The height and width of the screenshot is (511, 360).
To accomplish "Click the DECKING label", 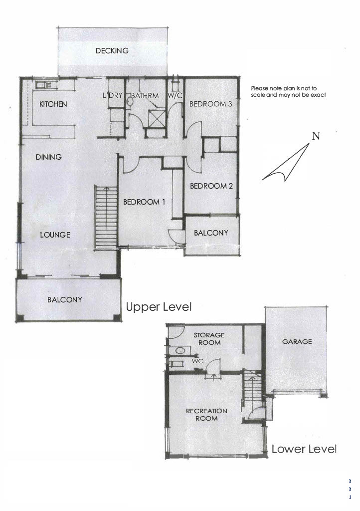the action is tap(112, 51).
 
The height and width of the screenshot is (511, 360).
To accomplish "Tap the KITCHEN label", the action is tap(53, 104).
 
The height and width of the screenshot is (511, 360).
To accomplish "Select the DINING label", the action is tap(48, 157).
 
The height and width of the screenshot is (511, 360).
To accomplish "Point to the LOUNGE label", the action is tap(55, 235).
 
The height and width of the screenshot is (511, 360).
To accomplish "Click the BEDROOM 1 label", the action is tap(144, 202).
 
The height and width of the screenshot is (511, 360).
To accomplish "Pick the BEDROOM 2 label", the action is tap(211, 186).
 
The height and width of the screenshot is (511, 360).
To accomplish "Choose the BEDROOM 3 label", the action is tap(210, 104).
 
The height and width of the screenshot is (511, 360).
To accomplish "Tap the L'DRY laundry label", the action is tap(113, 95).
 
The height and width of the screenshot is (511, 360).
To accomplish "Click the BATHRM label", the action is tap(145, 96).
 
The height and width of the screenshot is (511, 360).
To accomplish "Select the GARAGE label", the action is tap(297, 341).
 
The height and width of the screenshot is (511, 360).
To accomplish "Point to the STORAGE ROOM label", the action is tap(209, 339).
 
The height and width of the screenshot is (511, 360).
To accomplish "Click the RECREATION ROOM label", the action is tap(207, 415).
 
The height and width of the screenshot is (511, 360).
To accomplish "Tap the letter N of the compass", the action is tap(316, 136).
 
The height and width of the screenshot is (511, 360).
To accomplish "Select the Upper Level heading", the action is tap(159, 307).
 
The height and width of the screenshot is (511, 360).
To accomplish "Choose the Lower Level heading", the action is tap(304, 449).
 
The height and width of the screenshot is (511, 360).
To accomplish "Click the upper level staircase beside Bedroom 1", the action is tap(106, 218).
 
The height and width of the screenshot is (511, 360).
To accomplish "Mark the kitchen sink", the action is tap(44, 85).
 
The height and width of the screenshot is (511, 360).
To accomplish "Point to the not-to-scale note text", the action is tap(288, 92).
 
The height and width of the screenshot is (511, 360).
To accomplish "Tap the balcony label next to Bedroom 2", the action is tap(211, 233).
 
